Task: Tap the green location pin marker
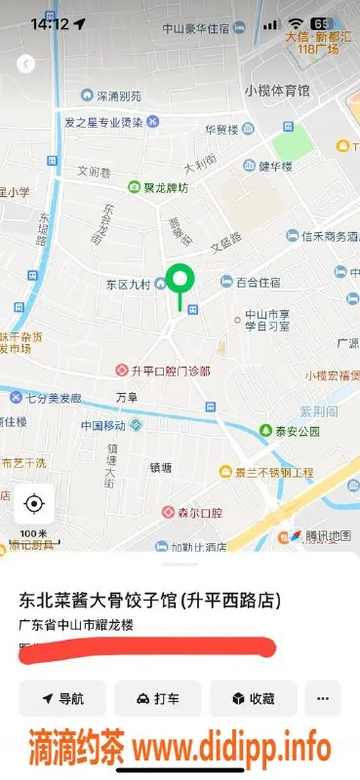coord(179,281)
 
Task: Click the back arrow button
coord(26,64)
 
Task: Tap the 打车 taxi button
coord(157,698)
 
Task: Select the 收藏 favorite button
coord(253,698)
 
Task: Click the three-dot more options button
coord(323,698)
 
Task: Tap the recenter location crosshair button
coord(34,504)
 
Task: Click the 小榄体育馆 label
coord(277,91)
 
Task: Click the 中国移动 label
coord(104,426)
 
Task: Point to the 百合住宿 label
coord(258,282)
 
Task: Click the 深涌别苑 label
coord(117,97)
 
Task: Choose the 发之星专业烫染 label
coord(103,122)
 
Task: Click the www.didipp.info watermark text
coord(231,749)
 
